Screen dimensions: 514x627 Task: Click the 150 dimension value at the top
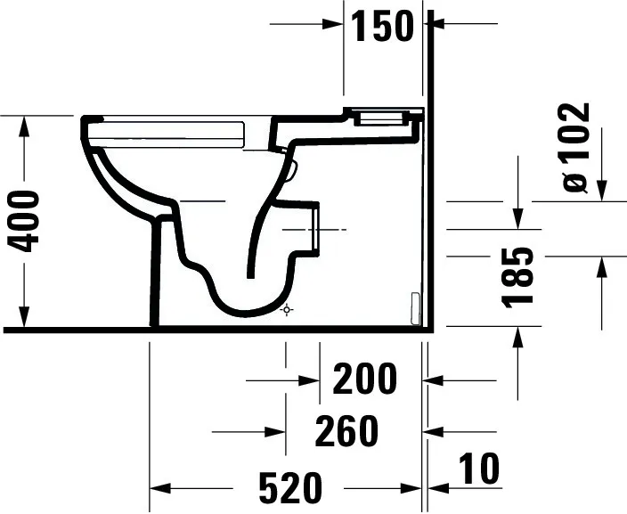(x=382, y=28)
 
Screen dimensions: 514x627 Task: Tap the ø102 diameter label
(x=575, y=147)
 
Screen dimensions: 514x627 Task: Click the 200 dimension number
(x=364, y=380)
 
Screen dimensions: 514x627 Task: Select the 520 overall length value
(x=289, y=488)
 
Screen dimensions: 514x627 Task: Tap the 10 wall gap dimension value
(x=479, y=469)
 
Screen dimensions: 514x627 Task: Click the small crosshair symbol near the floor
(x=286, y=310)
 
